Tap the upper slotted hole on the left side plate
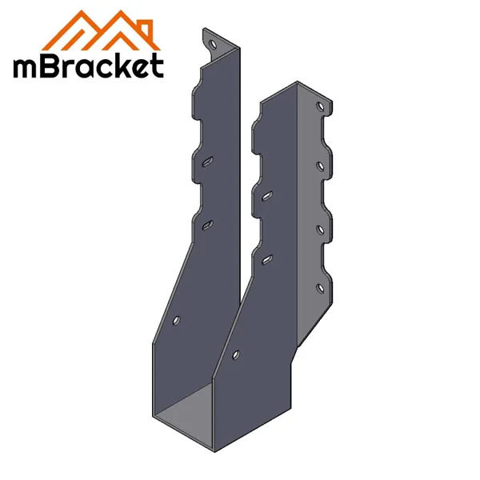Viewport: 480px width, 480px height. pyautogui.click(x=207, y=162)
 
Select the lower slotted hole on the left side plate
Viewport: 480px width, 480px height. pyautogui.click(x=206, y=225)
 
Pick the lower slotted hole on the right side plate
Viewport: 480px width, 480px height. pyautogui.click(x=267, y=258)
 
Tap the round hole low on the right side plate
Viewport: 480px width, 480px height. pyautogui.click(x=235, y=353)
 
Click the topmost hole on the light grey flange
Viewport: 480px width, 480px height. pyautogui.click(x=320, y=106)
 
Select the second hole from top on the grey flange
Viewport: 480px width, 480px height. pyautogui.click(x=320, y=166)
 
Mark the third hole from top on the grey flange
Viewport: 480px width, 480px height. pyautogui.click(x=320, y=230)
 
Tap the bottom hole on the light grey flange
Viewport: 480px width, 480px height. pyautogui.click(x=320, y=288)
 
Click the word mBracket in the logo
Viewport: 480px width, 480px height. pyautogui.click(x=88, y=66)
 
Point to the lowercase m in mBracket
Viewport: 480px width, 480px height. pyautogui.click(x=27, y=67)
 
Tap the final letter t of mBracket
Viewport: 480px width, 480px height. pyautogui.click(x=155, y=66)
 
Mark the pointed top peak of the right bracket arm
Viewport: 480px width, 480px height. pyautogui.click(x=298, y=82)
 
